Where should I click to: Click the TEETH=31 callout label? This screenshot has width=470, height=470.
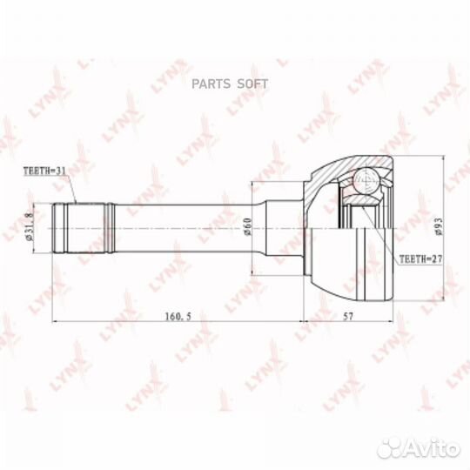coord(44,171)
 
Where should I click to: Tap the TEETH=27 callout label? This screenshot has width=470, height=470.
coord(421,259)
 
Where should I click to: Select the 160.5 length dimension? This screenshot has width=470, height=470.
coord(178,316)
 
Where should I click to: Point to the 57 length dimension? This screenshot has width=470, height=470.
coord(348,316)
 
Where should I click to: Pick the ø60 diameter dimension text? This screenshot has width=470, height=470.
coord(248,226)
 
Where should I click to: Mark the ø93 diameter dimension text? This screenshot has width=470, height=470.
coord(439,226)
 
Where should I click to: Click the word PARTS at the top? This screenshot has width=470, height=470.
coord(211,84)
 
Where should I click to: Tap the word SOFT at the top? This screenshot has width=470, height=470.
coord(252,84)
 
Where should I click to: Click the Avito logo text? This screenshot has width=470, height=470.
coord(433,449)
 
